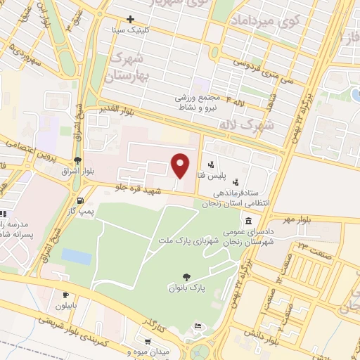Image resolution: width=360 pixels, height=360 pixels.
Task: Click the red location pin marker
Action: tap(181, 165)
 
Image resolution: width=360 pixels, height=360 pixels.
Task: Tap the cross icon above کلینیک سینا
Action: tap(130, 20)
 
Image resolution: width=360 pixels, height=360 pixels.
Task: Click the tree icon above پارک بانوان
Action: tap(186, 277)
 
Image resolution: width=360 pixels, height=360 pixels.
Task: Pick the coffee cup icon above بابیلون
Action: tap(66, 295)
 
